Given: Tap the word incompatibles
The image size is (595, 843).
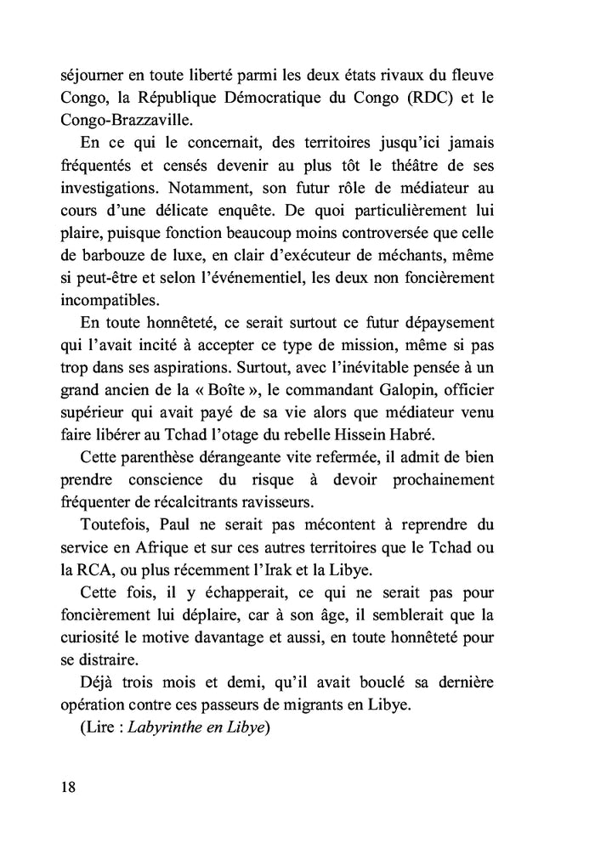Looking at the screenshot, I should click(x=110, y=300).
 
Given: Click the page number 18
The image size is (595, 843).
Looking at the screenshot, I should click(x=69, y=785).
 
